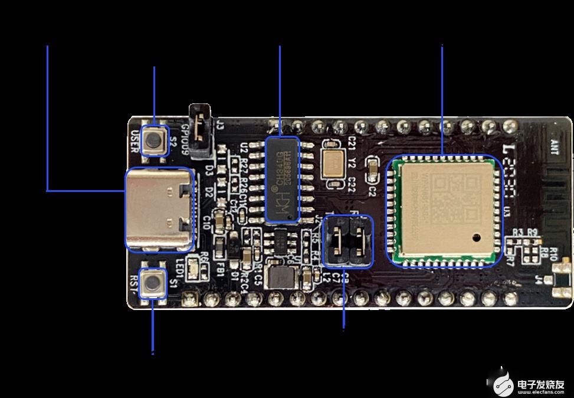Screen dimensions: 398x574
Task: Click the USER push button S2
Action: point(155,141)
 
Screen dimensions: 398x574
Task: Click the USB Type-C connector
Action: point(159,208)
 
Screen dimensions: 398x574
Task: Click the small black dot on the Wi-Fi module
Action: point(476,239)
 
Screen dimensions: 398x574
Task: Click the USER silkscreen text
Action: point(135,141)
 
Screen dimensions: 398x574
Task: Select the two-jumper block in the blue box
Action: point(347,242)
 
